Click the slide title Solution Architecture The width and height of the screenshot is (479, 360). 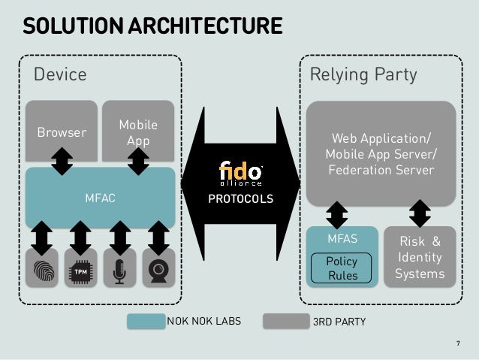[152, 27]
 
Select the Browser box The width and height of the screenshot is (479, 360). [62, 132]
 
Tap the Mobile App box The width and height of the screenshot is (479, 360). [137, 132]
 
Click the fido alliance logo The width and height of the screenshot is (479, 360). [239, 173]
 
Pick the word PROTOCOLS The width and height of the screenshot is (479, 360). [240, 200]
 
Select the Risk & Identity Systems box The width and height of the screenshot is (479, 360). [420, 257]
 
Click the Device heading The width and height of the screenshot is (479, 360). [60, 74]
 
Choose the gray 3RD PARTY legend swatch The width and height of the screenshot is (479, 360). [285, 322]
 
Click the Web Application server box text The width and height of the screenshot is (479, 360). [379, 155]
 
